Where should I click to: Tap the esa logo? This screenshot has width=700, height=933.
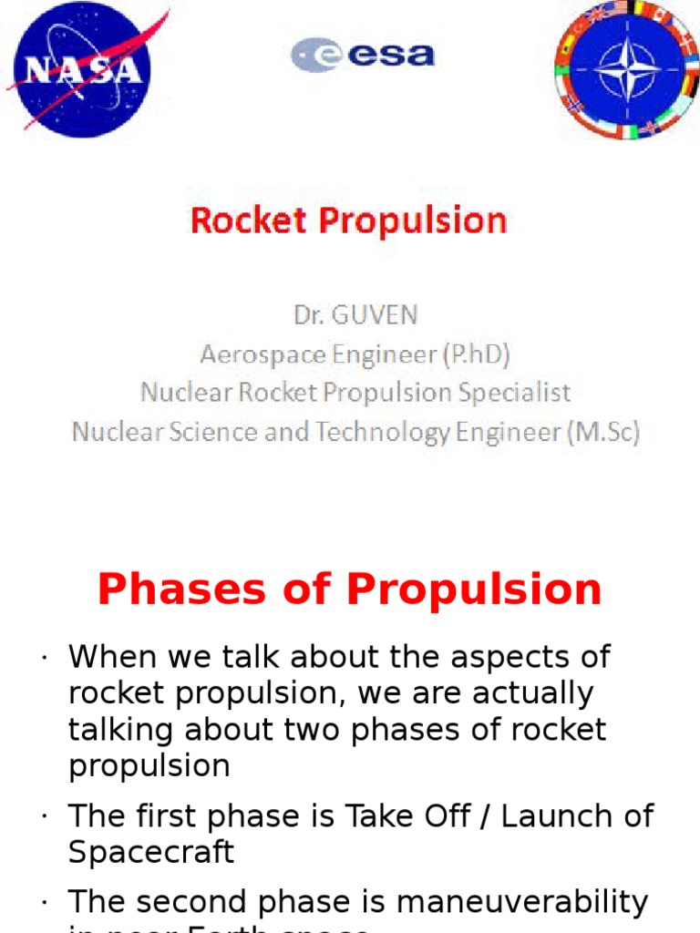pyautogui.click(x=363, y=55)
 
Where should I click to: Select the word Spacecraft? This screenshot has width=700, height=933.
pyautogui.click(x=151, y=852)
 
